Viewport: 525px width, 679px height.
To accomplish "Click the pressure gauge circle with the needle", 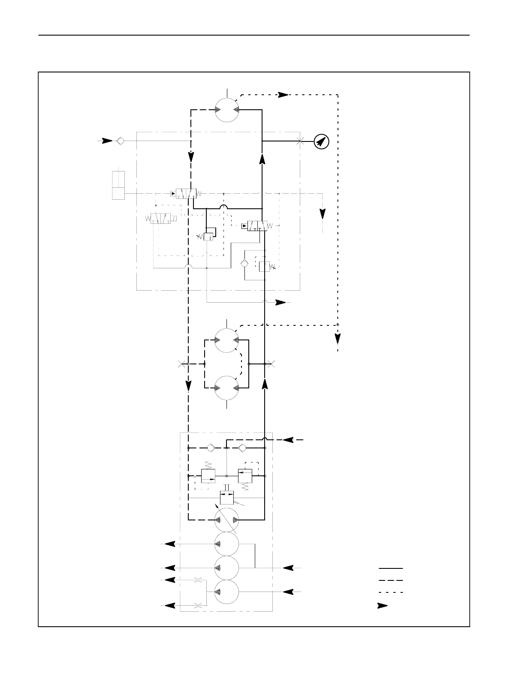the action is coord(321,141).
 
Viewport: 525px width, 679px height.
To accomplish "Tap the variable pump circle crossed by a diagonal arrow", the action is coord(227,520).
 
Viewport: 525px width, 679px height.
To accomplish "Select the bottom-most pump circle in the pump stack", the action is coord(227,592).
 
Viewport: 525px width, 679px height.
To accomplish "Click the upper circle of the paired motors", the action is coord(227,340).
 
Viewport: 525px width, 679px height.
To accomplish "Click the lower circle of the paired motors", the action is coord(227,388).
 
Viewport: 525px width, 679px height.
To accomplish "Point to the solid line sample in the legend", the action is coord(390,568).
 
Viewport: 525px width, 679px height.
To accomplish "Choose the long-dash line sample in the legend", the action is coord(390,580).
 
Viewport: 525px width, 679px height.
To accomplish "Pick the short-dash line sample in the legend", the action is coord(390,592).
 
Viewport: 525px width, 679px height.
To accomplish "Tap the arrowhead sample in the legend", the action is coord(382,606).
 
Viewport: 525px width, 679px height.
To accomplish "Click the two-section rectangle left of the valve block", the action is coord(118,185).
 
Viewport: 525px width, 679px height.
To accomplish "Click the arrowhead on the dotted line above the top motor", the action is coord(283,95).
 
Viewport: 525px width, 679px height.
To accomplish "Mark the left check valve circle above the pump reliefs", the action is coord(210,448).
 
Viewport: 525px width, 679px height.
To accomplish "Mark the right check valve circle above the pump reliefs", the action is coord(242,448).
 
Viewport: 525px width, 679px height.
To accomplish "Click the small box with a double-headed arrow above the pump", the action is coord(226,498).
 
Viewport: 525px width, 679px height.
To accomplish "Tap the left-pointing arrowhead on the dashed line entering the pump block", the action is coord(288,440).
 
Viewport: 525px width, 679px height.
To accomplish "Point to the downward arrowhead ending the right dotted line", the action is coord(338,339).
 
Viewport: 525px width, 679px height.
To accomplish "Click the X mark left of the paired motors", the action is coord(181,364).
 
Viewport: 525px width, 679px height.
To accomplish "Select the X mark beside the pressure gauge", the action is coord(299,141).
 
